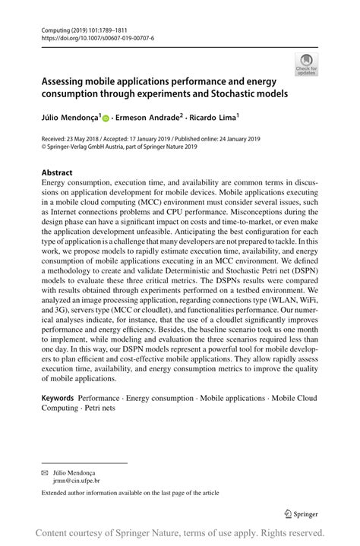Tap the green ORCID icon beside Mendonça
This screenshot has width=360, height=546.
(105, 118)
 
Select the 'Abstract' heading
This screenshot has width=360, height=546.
(58, 172)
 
